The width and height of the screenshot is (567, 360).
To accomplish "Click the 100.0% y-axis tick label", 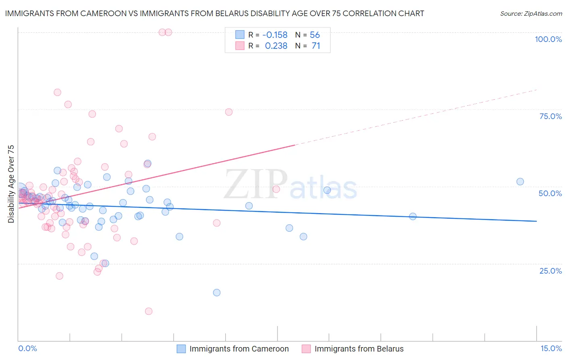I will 548,39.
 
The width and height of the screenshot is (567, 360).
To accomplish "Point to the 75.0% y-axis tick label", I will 550,116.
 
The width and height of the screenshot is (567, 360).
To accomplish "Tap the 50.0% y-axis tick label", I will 550,193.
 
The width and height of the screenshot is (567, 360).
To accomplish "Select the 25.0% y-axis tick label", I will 550,270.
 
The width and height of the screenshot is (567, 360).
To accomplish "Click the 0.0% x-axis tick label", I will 28,348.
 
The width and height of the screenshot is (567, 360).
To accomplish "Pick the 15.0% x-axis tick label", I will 551,348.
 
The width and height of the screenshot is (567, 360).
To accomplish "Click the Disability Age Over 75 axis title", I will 11,184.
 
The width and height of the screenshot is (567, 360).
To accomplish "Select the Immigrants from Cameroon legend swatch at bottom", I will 181,349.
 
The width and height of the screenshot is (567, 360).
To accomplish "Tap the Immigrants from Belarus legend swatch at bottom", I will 306,349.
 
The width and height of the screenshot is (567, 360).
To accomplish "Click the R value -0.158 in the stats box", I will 275,35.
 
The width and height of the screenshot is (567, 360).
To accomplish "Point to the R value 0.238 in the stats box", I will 276,46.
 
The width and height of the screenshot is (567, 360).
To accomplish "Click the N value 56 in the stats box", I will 315,35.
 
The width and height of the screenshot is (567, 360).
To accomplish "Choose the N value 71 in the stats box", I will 316,46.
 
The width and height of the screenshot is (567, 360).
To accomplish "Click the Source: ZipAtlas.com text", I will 531,14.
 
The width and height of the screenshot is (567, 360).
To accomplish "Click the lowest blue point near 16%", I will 217,293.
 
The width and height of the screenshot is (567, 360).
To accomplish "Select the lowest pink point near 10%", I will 148,311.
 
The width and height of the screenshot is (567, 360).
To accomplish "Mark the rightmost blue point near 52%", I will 520,182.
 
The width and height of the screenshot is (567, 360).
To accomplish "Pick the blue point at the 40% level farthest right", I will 413,216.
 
